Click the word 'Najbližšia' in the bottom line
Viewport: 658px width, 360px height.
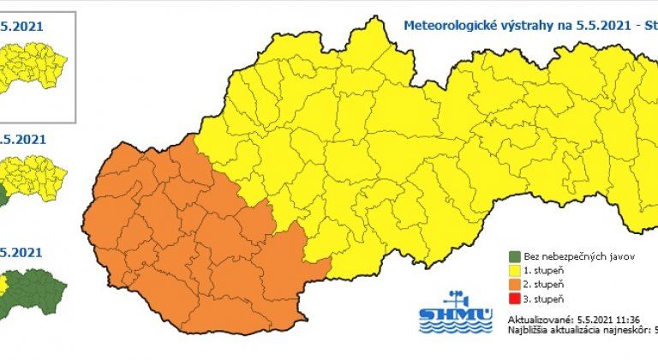(x=529, y=327)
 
